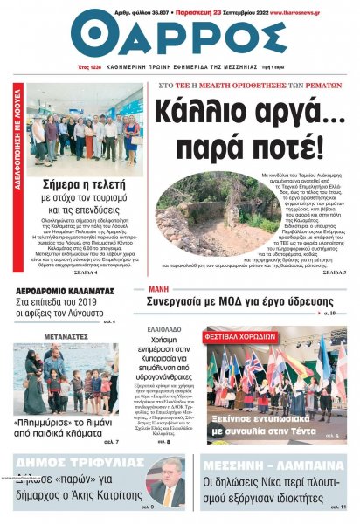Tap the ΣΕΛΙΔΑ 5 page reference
click(x=332, y=297)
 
